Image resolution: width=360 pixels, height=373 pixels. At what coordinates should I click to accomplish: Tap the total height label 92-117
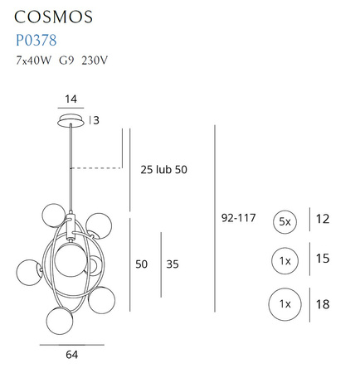(x=238, y=219)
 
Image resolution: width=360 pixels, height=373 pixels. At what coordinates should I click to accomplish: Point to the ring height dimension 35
(x=172, y=264)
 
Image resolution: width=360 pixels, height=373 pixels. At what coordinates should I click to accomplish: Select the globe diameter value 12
(x=323, y=220)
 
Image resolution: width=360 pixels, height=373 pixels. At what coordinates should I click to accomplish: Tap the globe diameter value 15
(x=323, y=260)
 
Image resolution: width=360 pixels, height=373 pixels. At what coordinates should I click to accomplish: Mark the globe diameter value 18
(x=323, y=304)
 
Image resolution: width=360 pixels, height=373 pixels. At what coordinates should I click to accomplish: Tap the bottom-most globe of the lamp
(x=59, y=319)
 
